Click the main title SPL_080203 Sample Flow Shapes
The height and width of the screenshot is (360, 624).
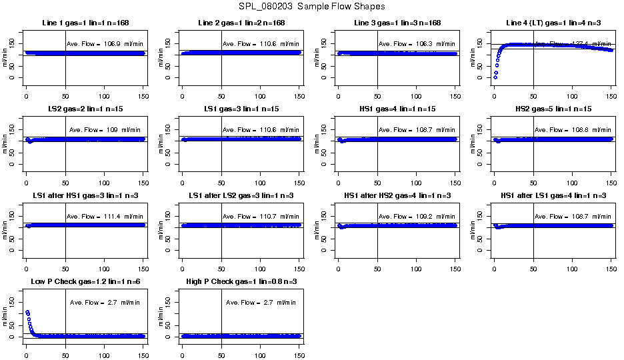(311, 7)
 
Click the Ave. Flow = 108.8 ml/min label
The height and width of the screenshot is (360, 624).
(573, 130)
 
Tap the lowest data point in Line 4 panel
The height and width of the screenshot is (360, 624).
(495, 77)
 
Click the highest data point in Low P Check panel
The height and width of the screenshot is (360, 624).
(27, 312)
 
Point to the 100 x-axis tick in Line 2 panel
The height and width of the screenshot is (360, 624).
(260, 87)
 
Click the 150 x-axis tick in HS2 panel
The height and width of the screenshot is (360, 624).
(611, 173)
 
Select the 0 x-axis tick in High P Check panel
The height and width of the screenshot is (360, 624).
(182, 346)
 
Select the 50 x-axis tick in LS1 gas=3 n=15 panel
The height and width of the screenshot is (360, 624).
(221, 173)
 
